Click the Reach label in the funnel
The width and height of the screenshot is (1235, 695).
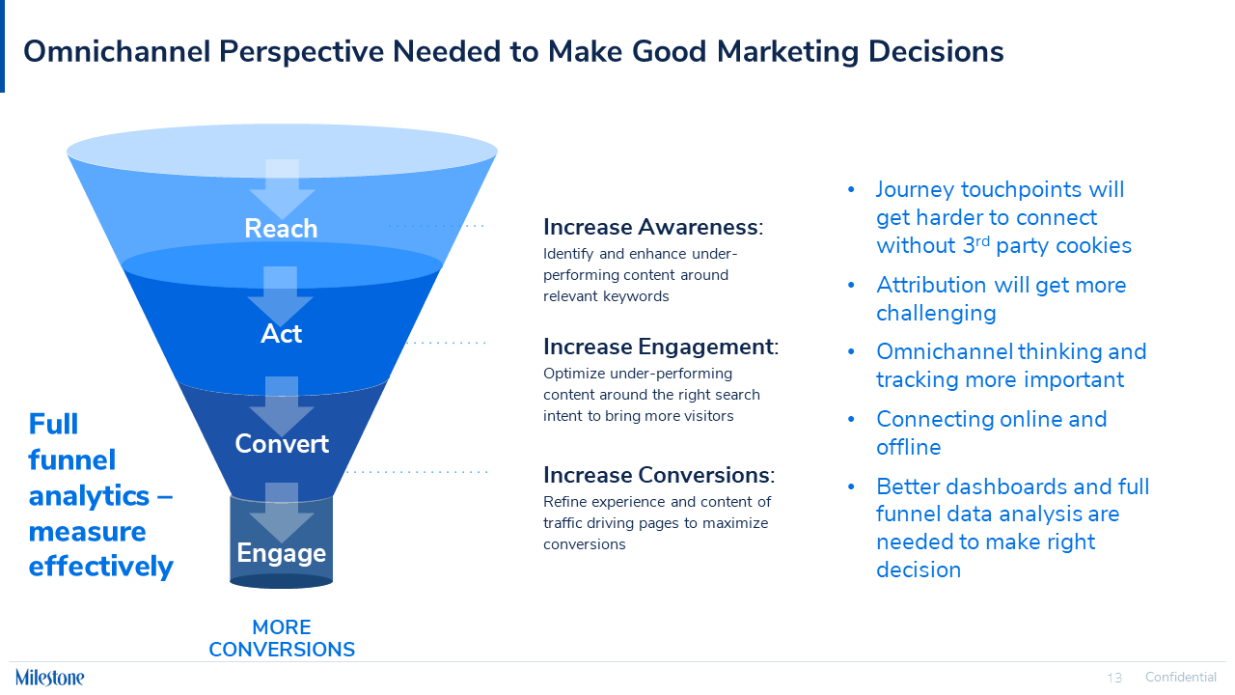click(281, 229)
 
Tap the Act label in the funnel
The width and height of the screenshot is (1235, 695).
click(281, 334)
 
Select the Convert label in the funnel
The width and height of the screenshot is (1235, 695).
click(282, 444)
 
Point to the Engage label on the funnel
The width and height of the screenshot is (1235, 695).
click(282, 553)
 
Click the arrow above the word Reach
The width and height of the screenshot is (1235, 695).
click(282, 189)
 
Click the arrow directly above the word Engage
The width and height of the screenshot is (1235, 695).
click(282, 512)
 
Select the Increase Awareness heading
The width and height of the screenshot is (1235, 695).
click(652, 228)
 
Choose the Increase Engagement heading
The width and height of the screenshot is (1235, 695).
click(660, 347)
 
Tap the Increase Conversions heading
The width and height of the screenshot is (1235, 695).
click(658, 475)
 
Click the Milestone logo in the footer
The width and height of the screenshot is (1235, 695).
click(50, 677)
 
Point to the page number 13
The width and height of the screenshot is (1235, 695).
click(1114, 678)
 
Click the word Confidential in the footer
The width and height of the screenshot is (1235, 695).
click(1180, 678)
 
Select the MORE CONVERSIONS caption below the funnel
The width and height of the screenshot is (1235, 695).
click(282, 639)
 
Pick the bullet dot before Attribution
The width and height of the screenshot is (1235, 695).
click(851, 286)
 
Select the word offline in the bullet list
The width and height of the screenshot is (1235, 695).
click(908, 447)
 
